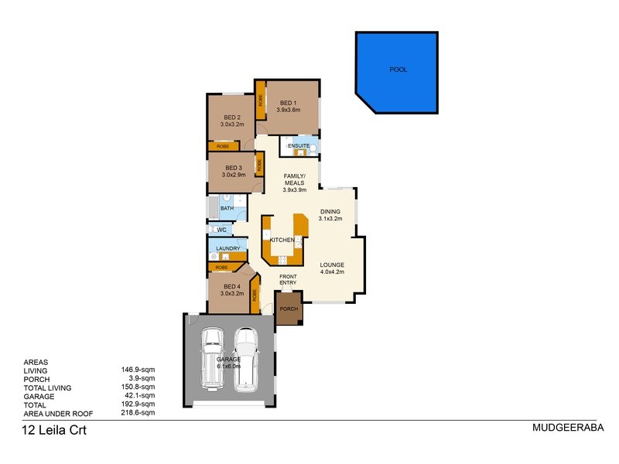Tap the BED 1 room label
(x=288, y=107)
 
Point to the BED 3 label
(x=233, y=172)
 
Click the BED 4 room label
(x=232, y=289)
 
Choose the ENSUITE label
(x=299, y=146)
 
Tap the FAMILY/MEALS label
(x=294, y=182)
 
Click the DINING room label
(x=331, y=214)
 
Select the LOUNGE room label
(x=332, y=268)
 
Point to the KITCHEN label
(x=282, y=241)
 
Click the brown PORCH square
(x=288, y=309)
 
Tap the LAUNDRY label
(x=227, y=248)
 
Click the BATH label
(x=227, y=208)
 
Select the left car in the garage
(x=212, y=359)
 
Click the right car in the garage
(x=246, y=357)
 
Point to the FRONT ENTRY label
(x=288, y=279)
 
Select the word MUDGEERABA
(x=567, y=427)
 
